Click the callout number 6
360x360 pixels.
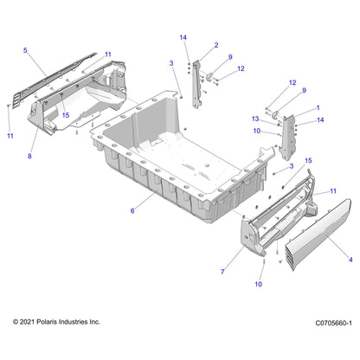click(132, 211)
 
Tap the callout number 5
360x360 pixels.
click(25, 50)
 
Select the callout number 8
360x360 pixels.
click(29, 157)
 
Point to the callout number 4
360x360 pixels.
click(350, 260)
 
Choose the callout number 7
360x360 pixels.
click(222, 272)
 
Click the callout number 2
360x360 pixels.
click(216, 45)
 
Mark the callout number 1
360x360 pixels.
click(318, 108)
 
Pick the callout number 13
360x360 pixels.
click(255, 119)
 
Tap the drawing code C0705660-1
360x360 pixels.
click(333, 323)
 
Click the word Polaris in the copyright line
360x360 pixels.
click(47, 322)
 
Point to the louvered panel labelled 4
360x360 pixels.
click(318, 235)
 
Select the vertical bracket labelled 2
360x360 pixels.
click(196, 84)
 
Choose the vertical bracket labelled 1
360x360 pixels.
click(288, 137)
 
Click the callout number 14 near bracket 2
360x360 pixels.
click(183, 37)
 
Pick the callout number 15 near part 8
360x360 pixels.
click(66, 115)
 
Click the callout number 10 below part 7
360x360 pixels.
click(259, 284)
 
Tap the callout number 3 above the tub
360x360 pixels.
click(171, 63)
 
